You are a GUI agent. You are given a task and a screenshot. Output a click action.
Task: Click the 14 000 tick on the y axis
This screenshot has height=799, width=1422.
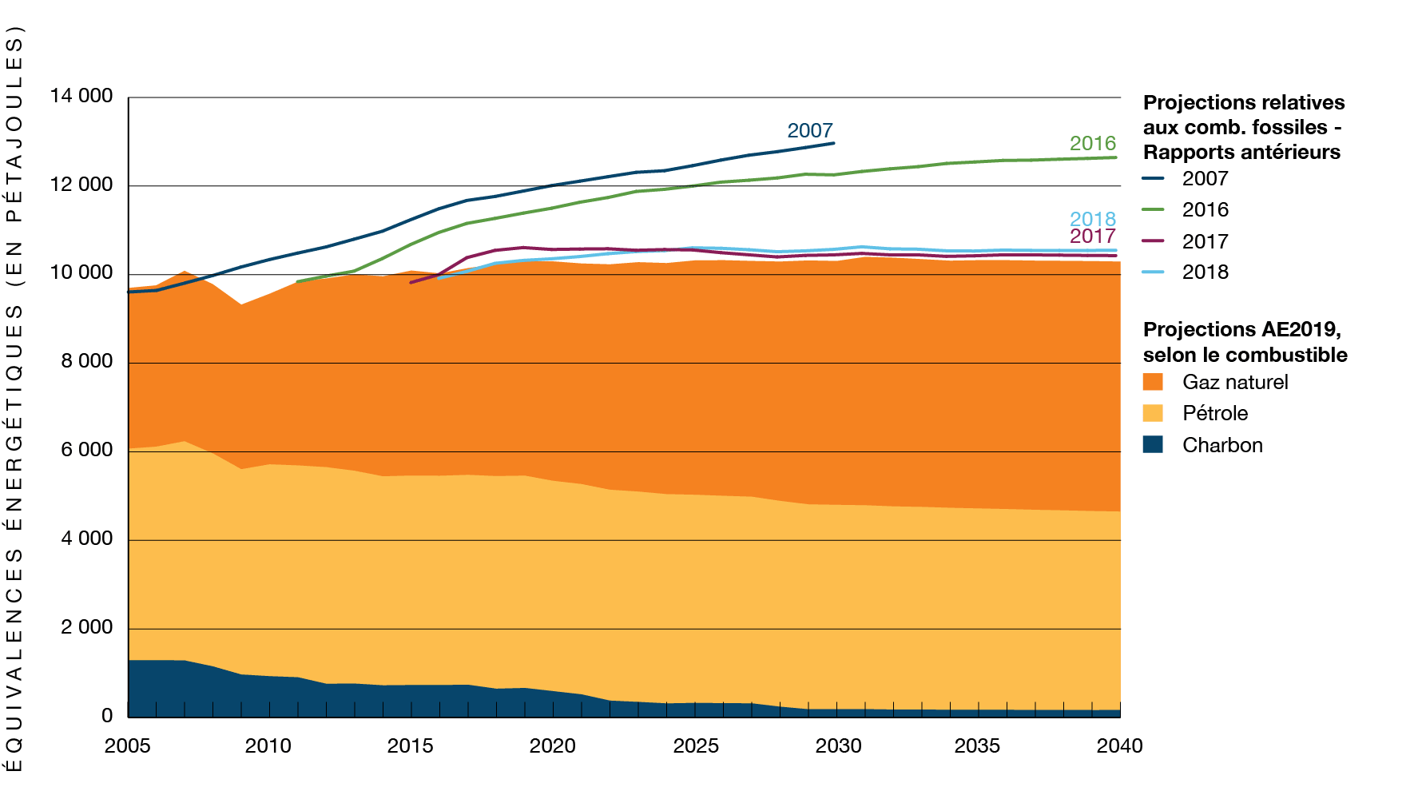81,97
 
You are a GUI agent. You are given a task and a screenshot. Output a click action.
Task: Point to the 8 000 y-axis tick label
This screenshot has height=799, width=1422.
86,361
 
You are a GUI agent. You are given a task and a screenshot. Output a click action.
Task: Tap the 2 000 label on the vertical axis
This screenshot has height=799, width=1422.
86,627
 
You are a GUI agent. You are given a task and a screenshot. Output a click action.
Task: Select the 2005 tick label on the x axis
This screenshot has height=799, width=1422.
128,746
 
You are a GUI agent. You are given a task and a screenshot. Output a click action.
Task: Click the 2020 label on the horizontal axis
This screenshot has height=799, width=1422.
552,746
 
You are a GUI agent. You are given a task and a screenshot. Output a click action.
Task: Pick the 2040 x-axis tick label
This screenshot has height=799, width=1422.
1119,746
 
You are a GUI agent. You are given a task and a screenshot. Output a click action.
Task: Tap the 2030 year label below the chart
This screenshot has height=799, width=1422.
838,746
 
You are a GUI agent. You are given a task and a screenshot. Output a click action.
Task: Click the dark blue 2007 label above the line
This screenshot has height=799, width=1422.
809,130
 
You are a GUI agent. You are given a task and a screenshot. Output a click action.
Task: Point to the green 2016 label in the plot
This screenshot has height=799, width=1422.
1092,143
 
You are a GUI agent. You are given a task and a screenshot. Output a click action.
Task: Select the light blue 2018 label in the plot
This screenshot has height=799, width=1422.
1092,219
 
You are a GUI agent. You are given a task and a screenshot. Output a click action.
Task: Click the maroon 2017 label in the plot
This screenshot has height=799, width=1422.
1092,237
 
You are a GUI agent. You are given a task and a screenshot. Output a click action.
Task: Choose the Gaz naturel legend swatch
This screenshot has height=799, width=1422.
1153,382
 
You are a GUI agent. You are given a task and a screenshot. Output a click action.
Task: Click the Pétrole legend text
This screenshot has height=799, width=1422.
1215,413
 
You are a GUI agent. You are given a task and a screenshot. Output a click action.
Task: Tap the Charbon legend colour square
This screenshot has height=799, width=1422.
1153,444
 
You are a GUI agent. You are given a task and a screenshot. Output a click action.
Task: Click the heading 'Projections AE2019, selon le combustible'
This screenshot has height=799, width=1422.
1245,342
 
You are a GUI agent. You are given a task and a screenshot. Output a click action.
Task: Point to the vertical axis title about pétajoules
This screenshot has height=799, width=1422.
14,399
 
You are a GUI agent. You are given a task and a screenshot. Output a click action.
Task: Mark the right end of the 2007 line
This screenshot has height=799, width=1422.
834,143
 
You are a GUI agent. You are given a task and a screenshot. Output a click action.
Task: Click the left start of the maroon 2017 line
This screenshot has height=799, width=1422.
411,282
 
